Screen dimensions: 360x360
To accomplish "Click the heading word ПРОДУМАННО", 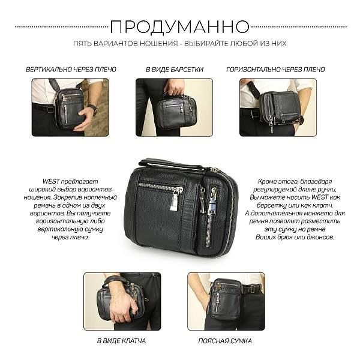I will coord(180,26).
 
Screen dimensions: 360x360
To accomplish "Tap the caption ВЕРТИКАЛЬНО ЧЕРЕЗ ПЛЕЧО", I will coord(71,70).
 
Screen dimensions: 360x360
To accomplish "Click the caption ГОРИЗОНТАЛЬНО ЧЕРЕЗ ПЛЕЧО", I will coord(275,70).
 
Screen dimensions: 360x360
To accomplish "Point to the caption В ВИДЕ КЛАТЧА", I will coord(121,341).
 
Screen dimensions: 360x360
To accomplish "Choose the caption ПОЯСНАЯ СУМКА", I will coord(225,341).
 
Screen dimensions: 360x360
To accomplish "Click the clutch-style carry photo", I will coord(122,301).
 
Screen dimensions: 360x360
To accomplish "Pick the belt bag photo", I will coord(226,301).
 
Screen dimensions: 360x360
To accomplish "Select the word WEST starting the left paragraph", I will coord(51,181).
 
